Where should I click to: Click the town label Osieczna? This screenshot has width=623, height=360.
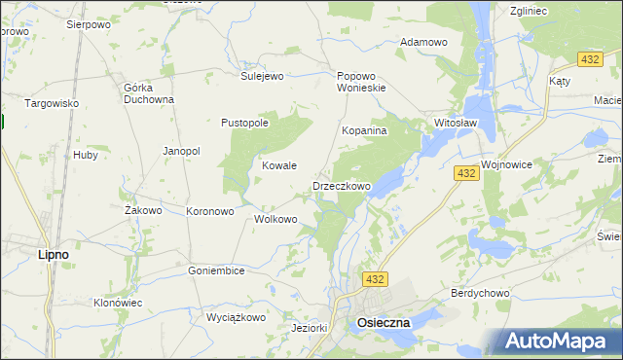click(x=384, y=322)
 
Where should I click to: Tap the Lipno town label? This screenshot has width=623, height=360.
click(x=53, y=255)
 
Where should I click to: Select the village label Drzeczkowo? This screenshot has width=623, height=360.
click(x=342, y=186)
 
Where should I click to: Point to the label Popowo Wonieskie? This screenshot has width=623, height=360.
click(x=361, y=82)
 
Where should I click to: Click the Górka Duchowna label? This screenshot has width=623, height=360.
click(x=149, y=92)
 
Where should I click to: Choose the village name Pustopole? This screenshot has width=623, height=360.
click(x=244, y=124)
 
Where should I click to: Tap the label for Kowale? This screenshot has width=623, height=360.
click(x=279, y=166)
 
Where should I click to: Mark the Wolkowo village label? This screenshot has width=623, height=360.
click(x=275, y=219)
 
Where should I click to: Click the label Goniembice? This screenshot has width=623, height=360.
click(x=216, y=270)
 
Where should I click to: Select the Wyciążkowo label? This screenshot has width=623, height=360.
click(x=236, y=317)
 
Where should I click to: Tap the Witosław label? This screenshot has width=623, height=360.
click(x=455, y=124)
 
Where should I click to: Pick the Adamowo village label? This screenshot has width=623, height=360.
click(x=423, y=42)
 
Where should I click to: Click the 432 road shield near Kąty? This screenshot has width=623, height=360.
click(x=587, y=59)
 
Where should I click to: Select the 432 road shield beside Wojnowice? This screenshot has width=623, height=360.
click(x=465, y=173)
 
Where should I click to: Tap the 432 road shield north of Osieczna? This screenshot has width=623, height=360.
click(x=376, y=279)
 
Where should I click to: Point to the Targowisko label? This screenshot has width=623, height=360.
click(x=52, y=103)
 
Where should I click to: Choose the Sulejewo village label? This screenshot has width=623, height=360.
click(x=261, y=75)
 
